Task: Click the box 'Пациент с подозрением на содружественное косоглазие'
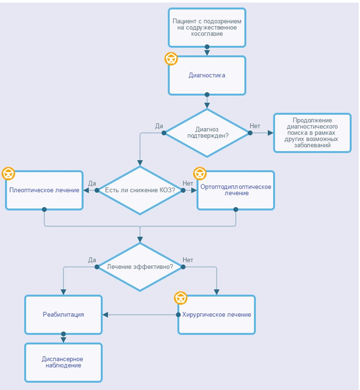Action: click(x=207, y=28)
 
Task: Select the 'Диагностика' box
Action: click(x=207, y=75)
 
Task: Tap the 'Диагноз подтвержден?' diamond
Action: click(x=207, y=133)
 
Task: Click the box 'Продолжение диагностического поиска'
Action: click(x=312, y=133)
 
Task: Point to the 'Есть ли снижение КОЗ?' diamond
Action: click(x=140, y=190)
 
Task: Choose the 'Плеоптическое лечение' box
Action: click(x=45, y=190)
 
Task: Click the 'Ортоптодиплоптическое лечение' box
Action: click(x=236, y=190)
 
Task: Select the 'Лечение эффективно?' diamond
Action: click(x=140, y=267)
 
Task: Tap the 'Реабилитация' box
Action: click(x=63, y=315)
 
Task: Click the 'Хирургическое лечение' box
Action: click(x=217, y=315)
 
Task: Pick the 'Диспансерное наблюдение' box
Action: click(x=63, y=362)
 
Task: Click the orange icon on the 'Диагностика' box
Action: click(x=171, y=59)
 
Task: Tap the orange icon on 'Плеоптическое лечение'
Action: click(x=9, y=173)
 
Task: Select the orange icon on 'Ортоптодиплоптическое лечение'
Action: click(x=200, y=173)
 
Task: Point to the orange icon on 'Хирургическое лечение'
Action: click(x=181, y=298)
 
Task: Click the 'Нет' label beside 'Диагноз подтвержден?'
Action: click(x=255, y=126)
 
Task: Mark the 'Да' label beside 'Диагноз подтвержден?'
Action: click(x=159, y=126)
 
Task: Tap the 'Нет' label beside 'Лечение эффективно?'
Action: click(x=188, y=260)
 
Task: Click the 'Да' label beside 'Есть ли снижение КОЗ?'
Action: click(x=92, y=183)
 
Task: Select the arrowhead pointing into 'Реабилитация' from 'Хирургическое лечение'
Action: click(x=105, y=315)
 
